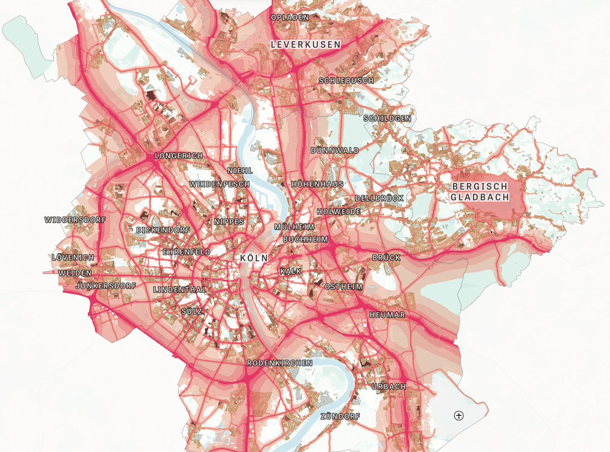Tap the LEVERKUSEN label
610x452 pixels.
[x=306, y=45]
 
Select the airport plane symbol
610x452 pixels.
[x=459, y=416]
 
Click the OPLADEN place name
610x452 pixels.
[x=290, y=17]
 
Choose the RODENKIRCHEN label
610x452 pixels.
[x=280, y=363]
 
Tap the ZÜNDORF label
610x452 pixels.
[x=340, y=416]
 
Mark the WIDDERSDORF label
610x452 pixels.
[x=75, y=220]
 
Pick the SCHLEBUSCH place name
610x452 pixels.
[x=346, y=81]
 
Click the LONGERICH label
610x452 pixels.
[x=179, y=155]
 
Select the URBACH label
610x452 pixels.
[x=389, y=386]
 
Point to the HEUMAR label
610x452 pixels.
[x=387, y=315]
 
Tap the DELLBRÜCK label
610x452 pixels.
[x=379, y=198]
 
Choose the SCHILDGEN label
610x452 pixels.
[x=387, y=118]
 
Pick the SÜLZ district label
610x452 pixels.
[x=192, y=310]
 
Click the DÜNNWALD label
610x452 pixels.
[x=335, y=150]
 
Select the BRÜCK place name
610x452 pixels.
[x=386, y=258]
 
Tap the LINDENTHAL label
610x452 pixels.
[x=179, y=289]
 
